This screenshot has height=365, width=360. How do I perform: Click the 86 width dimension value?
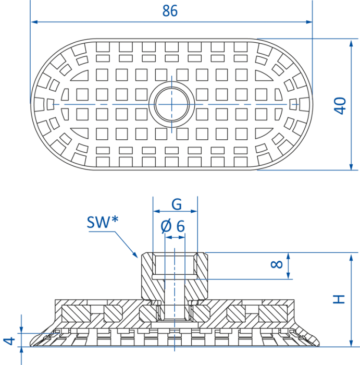pyautogui.click(x=170, y=11)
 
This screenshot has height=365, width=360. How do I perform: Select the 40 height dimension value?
pyautogui.click(x=340, y=106)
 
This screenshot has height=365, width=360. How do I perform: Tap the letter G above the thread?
pyautogui.click(x=177, y=204)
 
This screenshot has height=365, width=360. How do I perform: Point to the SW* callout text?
pyautogui.click(x=103, y=222)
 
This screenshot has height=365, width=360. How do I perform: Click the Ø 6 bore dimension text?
pyautogui.click(x=173, y=226)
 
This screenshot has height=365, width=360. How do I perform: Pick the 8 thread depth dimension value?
pyautogui.click(x=277, y=264)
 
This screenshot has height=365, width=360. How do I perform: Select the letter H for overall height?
pyautogui.click(x=339, y=299)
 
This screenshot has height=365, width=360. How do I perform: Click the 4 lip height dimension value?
pyautogui.click(x=9, y=341)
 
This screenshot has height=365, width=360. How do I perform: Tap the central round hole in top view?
pyautogui.click(x=171, y=104)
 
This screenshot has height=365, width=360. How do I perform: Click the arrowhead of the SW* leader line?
pyautogui.click(x=135, y=255)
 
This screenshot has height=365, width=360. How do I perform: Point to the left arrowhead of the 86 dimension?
pyautogui.click(x=34, y=22)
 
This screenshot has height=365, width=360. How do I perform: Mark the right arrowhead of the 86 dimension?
pyautogui.click(x=309, y=22)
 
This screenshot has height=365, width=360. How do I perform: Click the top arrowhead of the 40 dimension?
pyautogui.click(x=351, y=43)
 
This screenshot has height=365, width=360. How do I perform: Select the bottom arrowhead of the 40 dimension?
pyautogui.click(x=351, y=166)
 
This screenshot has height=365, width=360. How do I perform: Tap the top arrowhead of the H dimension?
pyautogui.click(x=351, y=257)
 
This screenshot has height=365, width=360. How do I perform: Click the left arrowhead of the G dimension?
pyautogui.click(x=157, y=211)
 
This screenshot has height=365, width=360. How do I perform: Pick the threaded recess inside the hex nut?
pyautogui.click(x=175, y=265)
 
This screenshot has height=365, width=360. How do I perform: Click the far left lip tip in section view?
pyautogui.click(x=31, y=345)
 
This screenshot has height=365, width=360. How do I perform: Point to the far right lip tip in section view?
pyautogui.click(x=318, y=345)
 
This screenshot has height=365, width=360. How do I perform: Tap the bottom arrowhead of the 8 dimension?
pyautogui.click(x=289, y=275)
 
